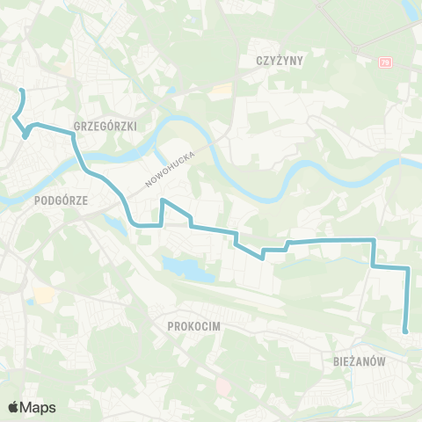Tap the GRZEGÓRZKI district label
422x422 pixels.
pyautogui.click(x=105, y=126)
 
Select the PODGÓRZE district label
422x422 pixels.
pyautogui.click(x=61, y=200)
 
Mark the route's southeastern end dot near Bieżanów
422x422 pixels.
pyautogui.click(x=405, y=331)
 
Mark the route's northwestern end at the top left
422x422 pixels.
pyautogui.click(x=22, y=91)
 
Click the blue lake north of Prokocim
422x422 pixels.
pyautogui.click(x=187, y=269)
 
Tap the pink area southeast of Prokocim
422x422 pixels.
pyautogui.click(x=222, y=385)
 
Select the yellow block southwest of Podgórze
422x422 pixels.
pyautogui.click(x=41, y=294)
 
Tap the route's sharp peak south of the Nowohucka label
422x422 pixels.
pyautogui.click(x=163, y=200)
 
